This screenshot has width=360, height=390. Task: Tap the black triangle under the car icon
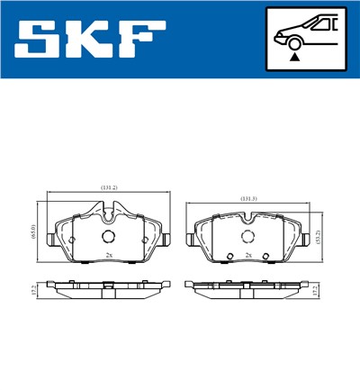point(294,56)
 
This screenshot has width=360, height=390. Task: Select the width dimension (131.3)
point(249,197)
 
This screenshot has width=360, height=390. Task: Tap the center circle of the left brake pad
point(108,237)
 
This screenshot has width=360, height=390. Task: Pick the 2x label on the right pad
point(247,256)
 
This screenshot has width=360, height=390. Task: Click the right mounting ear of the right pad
point(304,240)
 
